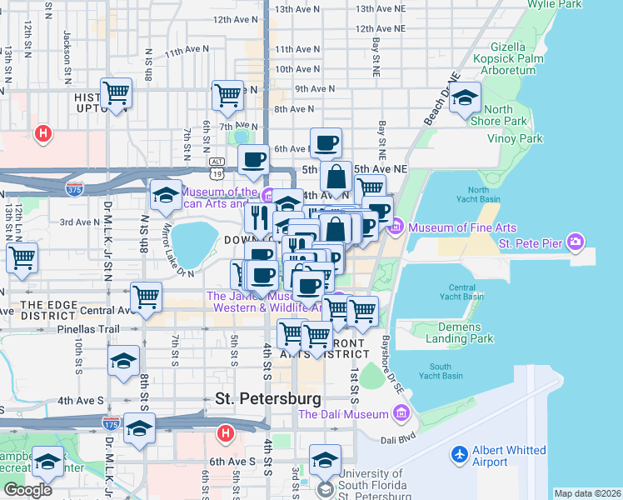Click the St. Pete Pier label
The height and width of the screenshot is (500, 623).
point(529,243)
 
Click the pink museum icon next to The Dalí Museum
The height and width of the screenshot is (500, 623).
point(401,413)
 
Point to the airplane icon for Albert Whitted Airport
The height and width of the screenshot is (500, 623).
point(459,455)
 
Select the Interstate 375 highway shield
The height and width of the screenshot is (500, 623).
point(75,190)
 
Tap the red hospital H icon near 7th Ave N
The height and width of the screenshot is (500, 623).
point(42,132)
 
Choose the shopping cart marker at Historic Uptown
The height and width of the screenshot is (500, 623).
point(116,92)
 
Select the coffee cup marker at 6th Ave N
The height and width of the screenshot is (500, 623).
point(326,142)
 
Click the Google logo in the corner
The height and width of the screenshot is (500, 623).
point(27,490)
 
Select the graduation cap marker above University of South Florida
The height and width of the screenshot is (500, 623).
point(325,458)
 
